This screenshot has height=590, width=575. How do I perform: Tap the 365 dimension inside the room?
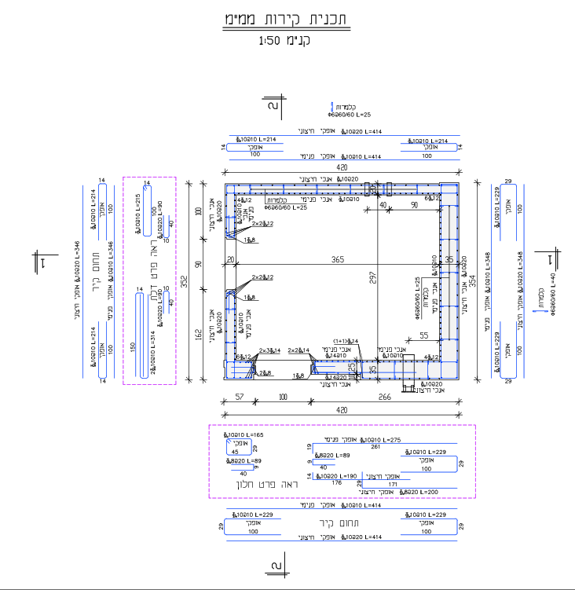337,260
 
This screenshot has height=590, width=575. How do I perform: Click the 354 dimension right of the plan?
473,281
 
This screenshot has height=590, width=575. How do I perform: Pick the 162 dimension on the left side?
198,335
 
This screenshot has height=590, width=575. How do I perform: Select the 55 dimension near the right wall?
423,335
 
